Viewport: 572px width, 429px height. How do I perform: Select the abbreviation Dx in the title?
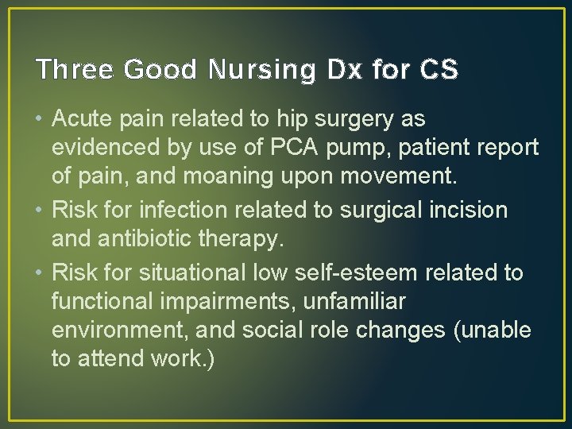pyautogui.click(x=338, y=70)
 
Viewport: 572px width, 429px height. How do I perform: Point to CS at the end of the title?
pyautogui.click(x=439, y=70)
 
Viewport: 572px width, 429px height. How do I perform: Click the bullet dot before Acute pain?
pyautogui.click(x=40, y=120)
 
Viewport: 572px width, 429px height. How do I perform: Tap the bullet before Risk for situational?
pyautogui.click(x=40, y=272)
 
